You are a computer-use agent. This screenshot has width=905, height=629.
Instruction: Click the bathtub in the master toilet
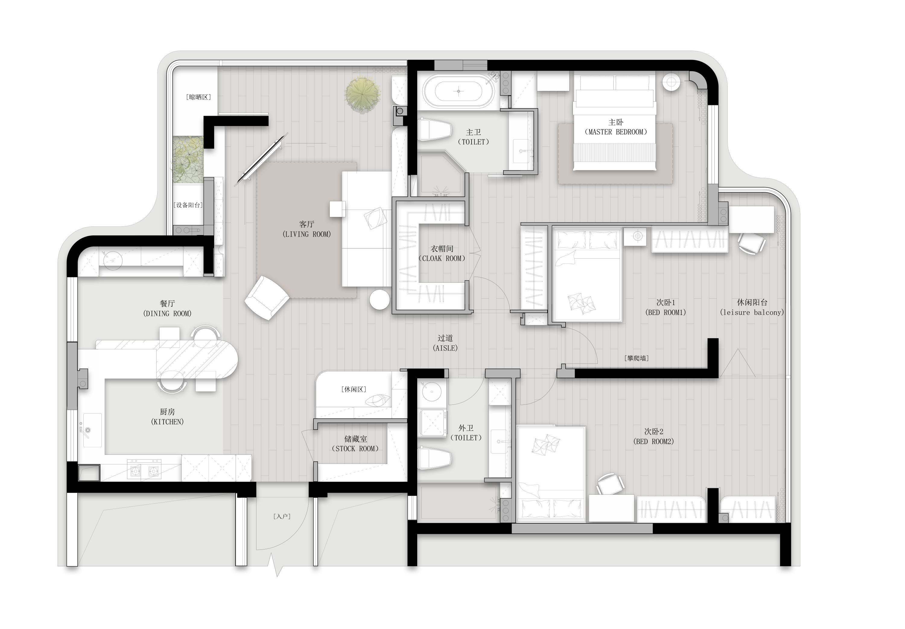[x=459, y=91]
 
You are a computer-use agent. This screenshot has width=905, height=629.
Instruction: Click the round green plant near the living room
[x=363, y=95]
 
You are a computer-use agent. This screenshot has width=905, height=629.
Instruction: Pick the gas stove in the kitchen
[x=144, y=470]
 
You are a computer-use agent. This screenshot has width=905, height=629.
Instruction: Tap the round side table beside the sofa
[x=379, y=300]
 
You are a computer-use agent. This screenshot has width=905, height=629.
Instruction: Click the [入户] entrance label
[x=282, y=516]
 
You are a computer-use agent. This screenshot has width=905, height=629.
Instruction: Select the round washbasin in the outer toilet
[x=431, y=392]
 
